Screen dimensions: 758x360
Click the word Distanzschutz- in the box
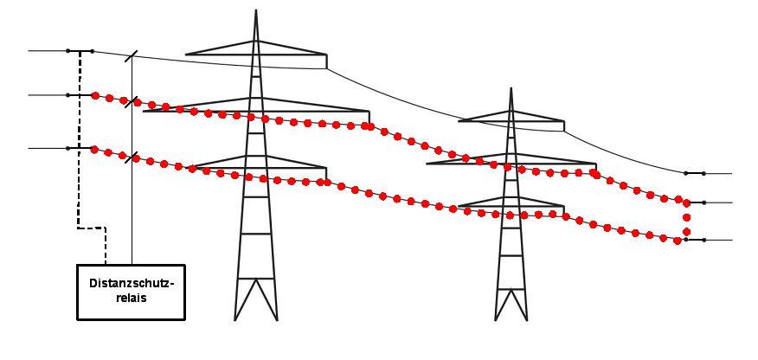click(131, 283)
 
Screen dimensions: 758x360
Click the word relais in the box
click(132, 299)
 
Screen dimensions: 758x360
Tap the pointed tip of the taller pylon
click(256, 10)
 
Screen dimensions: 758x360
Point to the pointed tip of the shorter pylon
click(511, 88)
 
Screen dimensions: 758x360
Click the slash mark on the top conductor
click(131, 56)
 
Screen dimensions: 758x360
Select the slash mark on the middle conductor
click(131, 101)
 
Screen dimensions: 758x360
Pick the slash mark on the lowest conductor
click(131, 157)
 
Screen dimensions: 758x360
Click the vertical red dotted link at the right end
click(686, 222)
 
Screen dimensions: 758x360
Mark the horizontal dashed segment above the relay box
click(92, 228)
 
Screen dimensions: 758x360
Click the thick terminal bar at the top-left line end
click(80, 51)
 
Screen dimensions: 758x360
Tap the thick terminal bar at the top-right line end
click(695, 173)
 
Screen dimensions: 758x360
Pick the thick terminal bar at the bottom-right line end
click(695, 240)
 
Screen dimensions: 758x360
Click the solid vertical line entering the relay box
click(132, 160)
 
